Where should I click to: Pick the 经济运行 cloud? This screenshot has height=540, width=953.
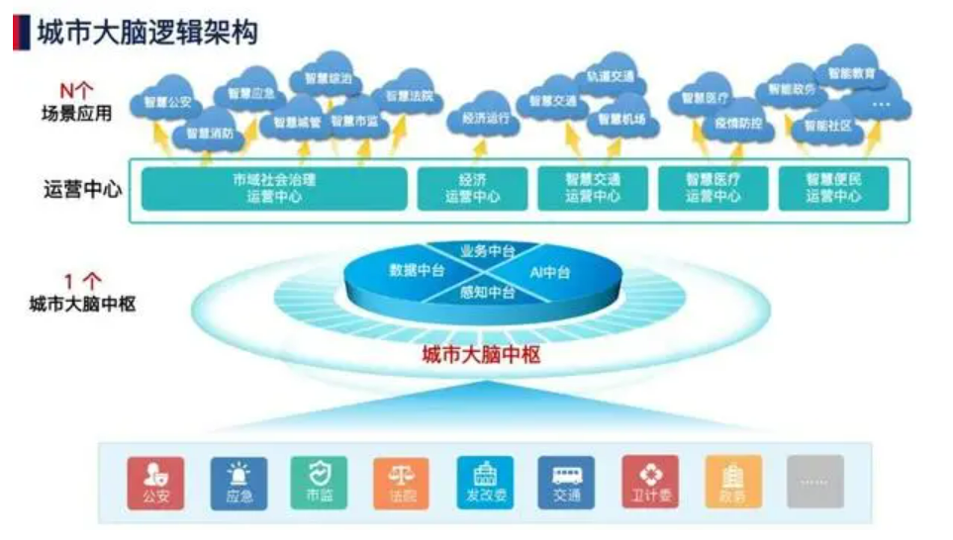pos(485,119)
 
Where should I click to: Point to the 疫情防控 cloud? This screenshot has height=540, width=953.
pos(738,125)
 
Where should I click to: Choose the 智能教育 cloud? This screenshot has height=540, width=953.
pos(850,73)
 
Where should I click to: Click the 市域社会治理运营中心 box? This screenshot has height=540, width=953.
pos(274,188)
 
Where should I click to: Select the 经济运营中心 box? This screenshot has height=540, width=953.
pos(472,188)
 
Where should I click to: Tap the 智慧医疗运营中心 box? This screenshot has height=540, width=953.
pos(713,188)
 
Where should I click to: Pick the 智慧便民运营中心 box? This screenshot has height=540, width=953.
pos(832,188)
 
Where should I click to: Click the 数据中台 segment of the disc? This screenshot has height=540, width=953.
pos(416,269)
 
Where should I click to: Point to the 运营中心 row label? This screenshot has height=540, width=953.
pos(82,188)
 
